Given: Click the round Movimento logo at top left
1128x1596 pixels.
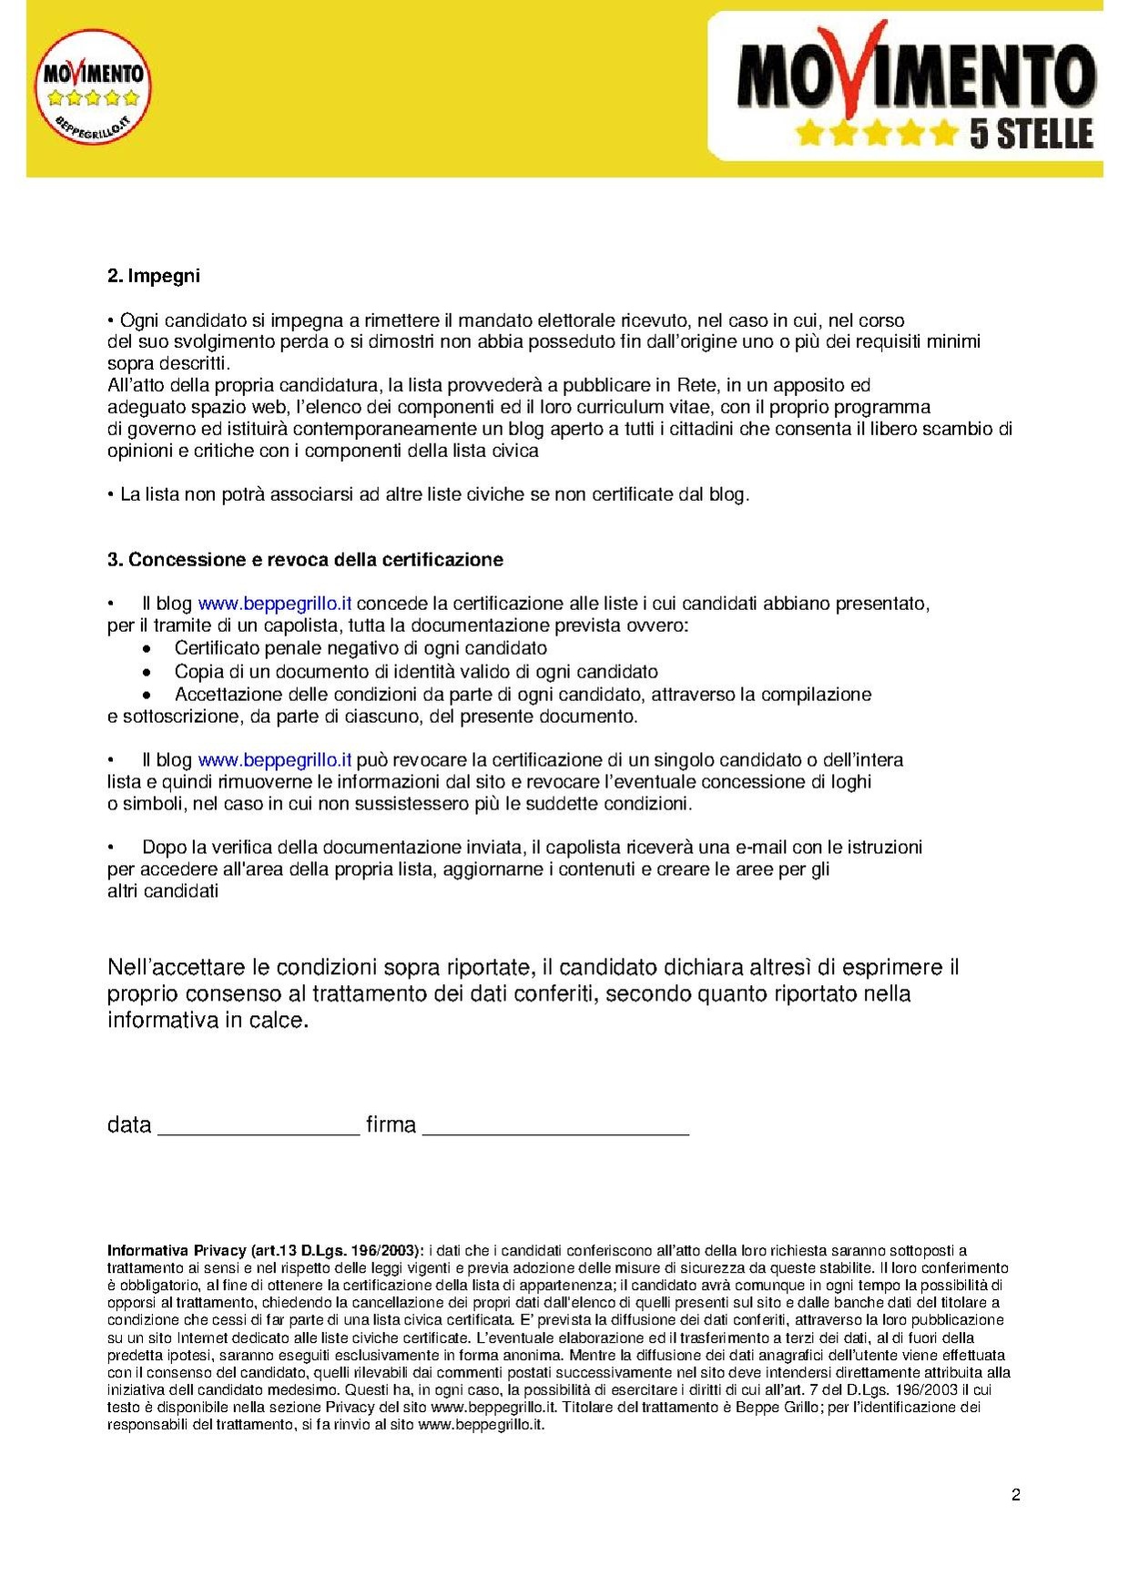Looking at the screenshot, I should click(x=92, y=87).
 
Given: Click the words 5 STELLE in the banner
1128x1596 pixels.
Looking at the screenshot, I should click(x=1030, y=134).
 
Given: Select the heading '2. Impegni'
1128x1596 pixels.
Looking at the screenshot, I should click(x=153, y=276).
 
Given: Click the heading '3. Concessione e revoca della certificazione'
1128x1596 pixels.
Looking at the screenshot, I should click(x=305, y=559).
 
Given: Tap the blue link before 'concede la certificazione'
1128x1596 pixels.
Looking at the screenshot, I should click(x=274, y=604).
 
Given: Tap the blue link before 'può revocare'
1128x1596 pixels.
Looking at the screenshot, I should click(x=274, y=760).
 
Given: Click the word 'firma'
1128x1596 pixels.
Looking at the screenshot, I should click(x=391, y=1125).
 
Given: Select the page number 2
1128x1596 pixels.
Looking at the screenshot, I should click(x=1015, y=1495).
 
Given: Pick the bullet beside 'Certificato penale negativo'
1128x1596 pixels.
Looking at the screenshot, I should click(x=147, y=649).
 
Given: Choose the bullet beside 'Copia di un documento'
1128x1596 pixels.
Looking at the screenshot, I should click(x=147, y=673).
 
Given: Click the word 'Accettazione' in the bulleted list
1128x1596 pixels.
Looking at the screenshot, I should click(x=229, y=695).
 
